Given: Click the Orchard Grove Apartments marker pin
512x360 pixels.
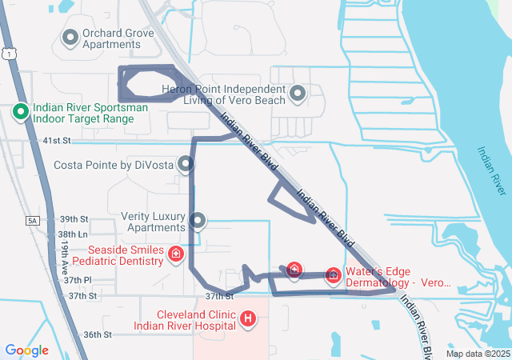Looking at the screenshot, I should click(70, 37).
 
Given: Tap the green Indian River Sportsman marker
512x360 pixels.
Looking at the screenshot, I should click(21, 111).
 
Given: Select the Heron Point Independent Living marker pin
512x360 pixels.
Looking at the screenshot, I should click(298, 94).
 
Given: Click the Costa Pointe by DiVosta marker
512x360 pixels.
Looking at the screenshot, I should click(186, 165).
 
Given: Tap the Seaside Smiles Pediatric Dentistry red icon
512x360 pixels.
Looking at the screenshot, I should click(175, 254).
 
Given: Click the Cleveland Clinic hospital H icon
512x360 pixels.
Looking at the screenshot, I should click(248, 320).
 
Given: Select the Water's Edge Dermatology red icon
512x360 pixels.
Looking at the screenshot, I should click(333, 275).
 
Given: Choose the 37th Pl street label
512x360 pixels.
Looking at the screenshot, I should click(78, 280).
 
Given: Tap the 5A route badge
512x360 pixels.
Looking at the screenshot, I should click(32, 220).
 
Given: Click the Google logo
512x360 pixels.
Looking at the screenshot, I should click(26, 350).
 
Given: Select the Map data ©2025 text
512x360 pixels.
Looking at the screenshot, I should click(478, 354).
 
